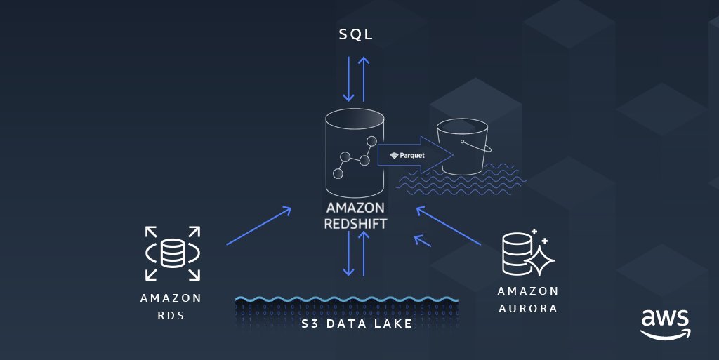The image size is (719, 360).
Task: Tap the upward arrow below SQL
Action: point(364,78)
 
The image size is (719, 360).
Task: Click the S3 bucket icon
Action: point(462,146)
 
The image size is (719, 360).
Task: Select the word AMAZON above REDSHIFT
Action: point(355,208)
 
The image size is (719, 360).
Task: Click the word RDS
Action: point(171,315)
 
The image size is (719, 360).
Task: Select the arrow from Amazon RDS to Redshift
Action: point(258,225)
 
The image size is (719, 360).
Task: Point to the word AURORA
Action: point(528,308)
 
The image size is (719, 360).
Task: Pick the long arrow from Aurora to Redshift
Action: point(448,225)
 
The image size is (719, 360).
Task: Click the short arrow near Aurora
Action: point(422,241)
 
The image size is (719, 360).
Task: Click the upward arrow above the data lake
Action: point(364,252)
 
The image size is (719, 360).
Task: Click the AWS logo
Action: point(665,322)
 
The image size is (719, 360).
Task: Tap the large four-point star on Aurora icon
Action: point(540,261)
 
